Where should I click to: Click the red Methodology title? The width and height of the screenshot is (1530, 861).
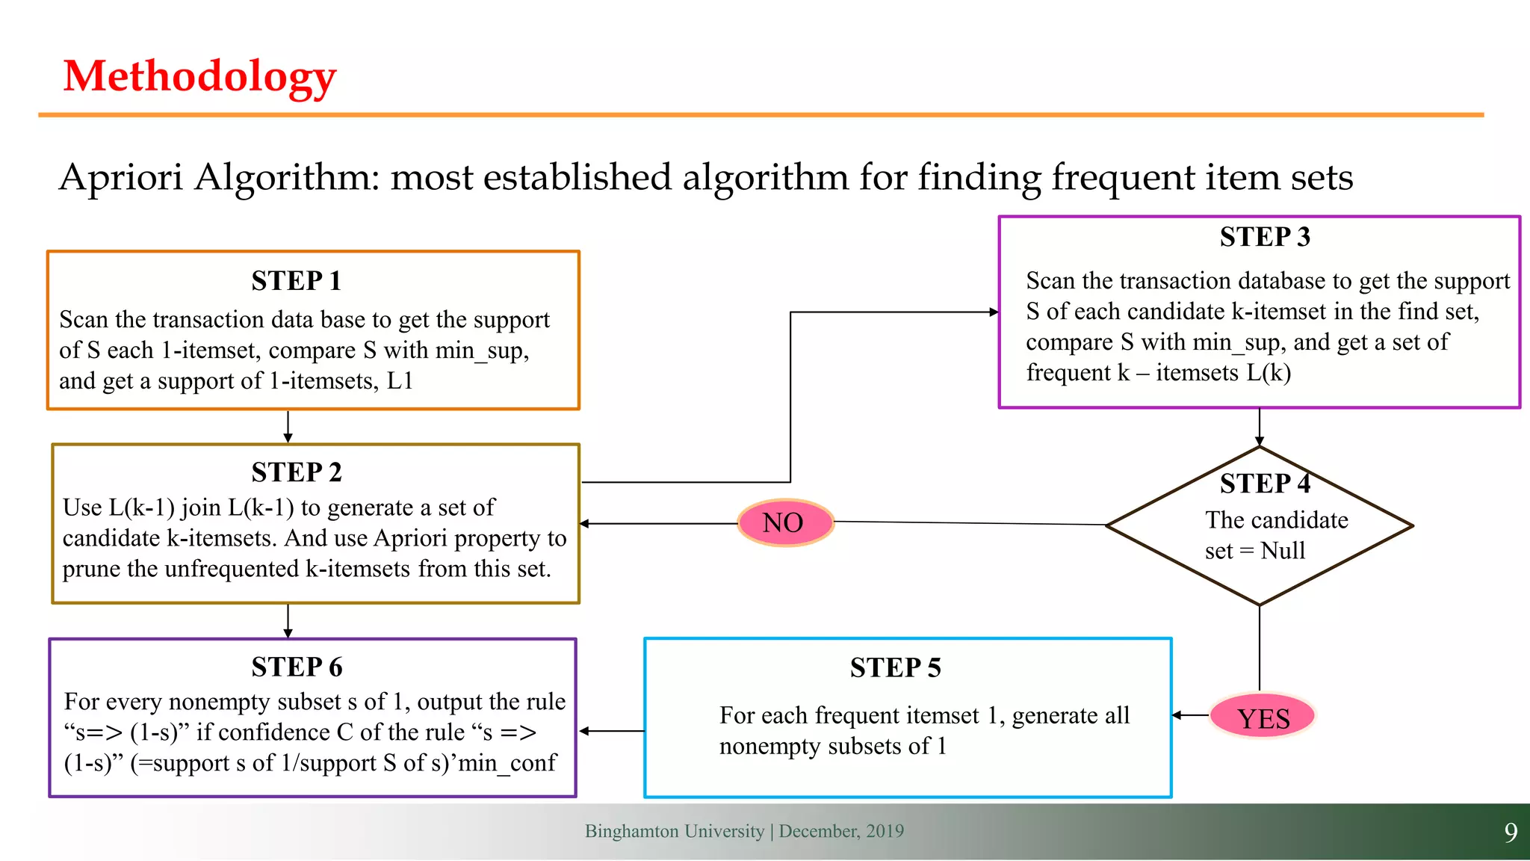click(x=199, y=76)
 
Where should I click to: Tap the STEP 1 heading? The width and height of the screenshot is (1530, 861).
click(x=296, y=281)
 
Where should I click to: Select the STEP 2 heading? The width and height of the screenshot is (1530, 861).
click(x=296, y=472)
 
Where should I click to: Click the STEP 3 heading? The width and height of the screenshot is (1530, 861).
click(x=1264, y=237)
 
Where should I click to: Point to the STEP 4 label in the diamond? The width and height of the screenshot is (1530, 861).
click(x=1264, y=484)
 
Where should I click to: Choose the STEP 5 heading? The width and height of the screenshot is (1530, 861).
click(x=895, y=667)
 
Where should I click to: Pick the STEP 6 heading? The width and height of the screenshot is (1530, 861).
click(x=296, y=667)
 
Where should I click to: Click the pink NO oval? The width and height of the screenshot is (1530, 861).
click(x=784, y=522)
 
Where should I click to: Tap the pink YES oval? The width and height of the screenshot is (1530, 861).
click(x=1263, y=717)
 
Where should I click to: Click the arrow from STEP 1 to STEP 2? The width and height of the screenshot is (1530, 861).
click(x=288, y=427)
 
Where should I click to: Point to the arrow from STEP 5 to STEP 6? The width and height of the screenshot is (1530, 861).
click(x=611, y=731)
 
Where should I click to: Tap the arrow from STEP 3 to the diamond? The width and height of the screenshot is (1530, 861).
click(x=1260, y=428)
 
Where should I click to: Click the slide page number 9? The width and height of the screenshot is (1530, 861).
click(x=1510, y=833)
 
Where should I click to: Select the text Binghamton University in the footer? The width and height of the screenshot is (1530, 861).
click(x=674, y=831)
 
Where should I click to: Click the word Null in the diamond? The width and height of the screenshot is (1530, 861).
click(x=1283, y=551)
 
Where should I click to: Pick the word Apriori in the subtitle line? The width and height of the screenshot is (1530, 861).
click(x=121, y=178)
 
